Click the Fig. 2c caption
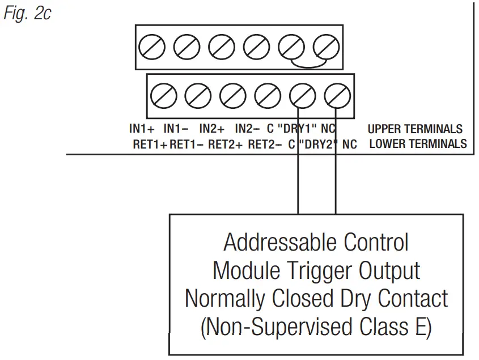pyautogui.click(x=27, y=13)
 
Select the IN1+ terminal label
pyautogui.click(x=142, y=129)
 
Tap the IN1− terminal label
pyautogui.click(x=176, y=129)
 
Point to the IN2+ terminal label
pyautogui.click(x=212, y=129)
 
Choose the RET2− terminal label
pyautogui.click(x=265, y=144)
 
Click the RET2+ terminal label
pyautogui.click(x=225, y=144)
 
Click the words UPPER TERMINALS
pyautogui.click(x=414, y=129)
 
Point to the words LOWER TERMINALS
pyautogui.click(x=418, y=144)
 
